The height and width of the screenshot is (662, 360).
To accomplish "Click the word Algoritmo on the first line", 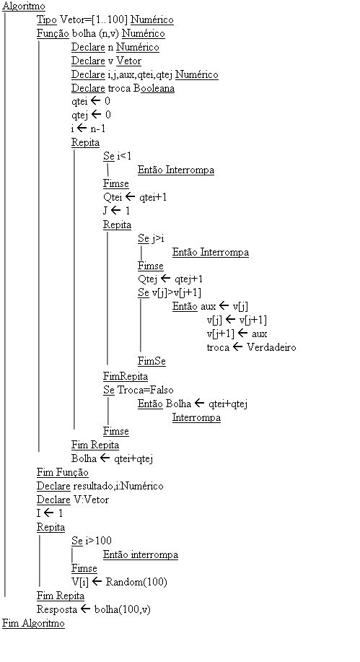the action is (24, 6).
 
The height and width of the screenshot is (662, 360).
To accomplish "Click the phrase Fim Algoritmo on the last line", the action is (33, 623).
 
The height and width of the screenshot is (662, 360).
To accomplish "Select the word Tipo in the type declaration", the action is (47, 19).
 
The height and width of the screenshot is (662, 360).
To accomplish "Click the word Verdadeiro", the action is (271, 347).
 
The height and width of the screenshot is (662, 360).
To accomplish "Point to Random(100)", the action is (136, 582).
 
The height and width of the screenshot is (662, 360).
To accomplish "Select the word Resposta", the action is (57, 609).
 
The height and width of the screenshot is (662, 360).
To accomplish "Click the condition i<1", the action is (125, 156).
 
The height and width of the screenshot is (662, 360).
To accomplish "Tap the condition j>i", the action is (158, 238).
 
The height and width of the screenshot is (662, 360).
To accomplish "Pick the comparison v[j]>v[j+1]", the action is (177, 292).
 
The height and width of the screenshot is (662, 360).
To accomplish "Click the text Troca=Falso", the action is (145, 390).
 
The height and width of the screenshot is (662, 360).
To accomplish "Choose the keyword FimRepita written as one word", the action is (126, 376).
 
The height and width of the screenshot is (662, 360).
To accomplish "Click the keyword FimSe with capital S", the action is (152, 362).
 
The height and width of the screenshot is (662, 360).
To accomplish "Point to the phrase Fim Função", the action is (63, 472).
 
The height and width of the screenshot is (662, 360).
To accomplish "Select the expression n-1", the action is (98, 129).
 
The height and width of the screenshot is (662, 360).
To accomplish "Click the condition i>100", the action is (98, 541).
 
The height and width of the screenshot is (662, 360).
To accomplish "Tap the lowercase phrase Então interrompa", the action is (141, 554).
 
